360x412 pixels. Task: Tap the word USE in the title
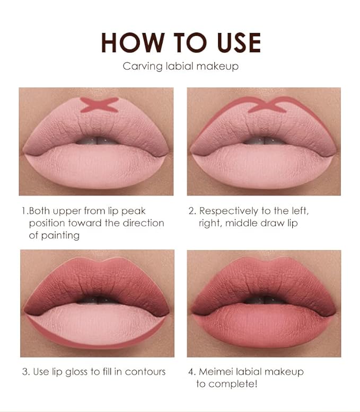coord(232,42)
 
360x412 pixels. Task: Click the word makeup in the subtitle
coord(218,67)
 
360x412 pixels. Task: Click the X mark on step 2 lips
coord(267,105)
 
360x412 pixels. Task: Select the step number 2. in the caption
coord(192,211)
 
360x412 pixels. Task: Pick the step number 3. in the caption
coord(26,371)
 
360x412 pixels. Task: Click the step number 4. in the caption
coord(192,371)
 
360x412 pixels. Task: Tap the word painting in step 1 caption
coord(60,235)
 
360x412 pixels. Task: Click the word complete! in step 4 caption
coord(234,383)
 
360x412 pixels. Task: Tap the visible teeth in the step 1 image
coord(98,140)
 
